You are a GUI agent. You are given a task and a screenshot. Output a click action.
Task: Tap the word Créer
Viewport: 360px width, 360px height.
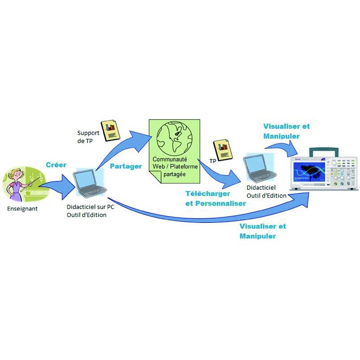(x=56, y=165)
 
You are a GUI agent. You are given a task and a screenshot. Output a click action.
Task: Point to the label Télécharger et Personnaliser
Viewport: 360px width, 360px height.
(x=216, y=198)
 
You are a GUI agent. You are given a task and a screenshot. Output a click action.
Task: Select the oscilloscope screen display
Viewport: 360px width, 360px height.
(x=312, y=173)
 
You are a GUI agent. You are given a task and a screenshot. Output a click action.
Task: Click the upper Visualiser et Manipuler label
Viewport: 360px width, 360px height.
(x=286, y=131)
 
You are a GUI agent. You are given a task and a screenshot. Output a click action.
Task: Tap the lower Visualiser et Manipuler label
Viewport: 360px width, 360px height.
(x=262, y=231)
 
